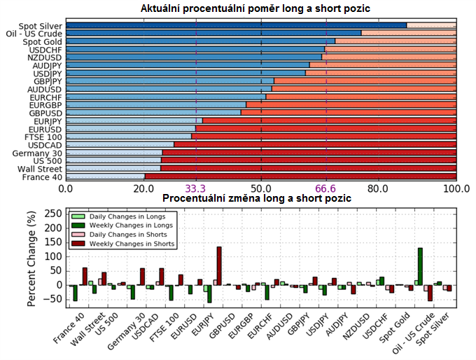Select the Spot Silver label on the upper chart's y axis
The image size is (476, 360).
pyautogui.click(x=42, y=26)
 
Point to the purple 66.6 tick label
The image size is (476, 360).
pyautogui.click(x=326, y=188)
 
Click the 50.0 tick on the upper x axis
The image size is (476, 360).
pyautogui.click(x=261, y=188)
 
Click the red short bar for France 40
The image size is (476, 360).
pyautogui.click(x=300, y=177)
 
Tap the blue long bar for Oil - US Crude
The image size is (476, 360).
pyautogui.click(x=213, y=33)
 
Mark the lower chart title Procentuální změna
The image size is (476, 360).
pyautogui.click(x=256, y=199)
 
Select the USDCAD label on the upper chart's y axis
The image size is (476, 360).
pyautogui.click(x=46, y=144)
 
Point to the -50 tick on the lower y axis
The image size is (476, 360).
pyautogui.click(x=54, y=299)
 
